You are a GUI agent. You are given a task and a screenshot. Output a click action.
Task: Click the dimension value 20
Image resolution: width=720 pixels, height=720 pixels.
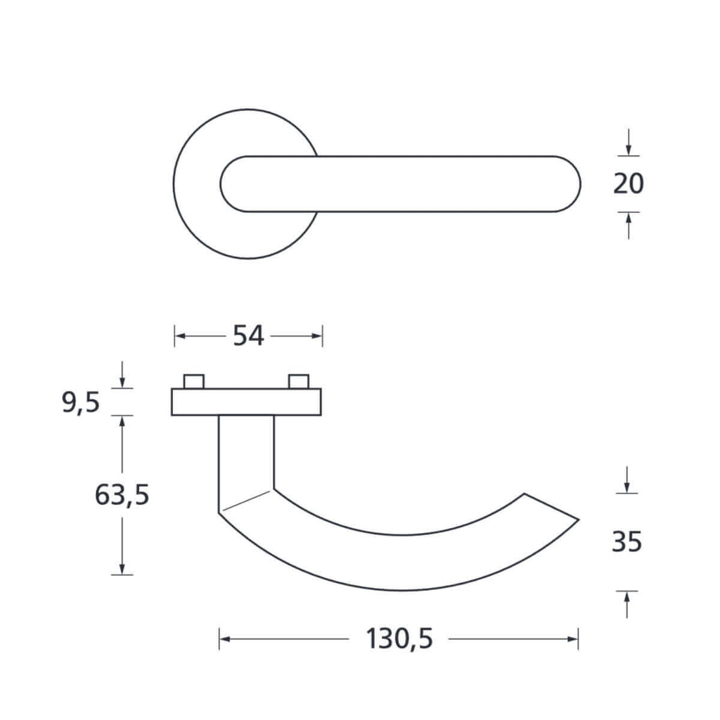628,184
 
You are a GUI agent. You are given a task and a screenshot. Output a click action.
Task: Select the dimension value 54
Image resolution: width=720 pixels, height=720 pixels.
248,335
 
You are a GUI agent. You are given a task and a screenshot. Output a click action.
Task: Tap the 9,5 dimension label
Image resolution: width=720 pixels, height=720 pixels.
81,403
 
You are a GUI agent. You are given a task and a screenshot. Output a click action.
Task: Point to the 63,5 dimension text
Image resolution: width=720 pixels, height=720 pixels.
122,495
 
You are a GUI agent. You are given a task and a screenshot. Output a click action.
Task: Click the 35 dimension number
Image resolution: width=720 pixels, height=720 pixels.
626,542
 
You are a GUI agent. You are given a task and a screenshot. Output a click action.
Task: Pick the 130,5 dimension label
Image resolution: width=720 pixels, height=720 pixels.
399,638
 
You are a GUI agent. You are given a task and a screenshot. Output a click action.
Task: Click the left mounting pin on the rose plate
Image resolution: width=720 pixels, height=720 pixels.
194,382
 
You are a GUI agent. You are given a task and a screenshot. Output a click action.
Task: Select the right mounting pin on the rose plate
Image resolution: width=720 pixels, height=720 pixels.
298,382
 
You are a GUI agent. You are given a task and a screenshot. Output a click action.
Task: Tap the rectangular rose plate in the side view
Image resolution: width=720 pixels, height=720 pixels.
246,402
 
